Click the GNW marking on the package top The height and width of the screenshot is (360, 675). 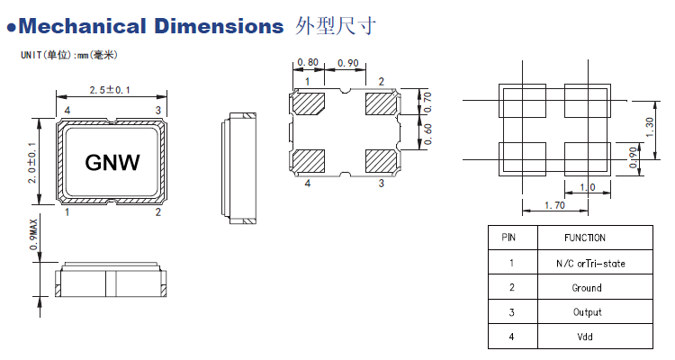(112, 162)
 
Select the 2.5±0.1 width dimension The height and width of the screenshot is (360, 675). (112, 90)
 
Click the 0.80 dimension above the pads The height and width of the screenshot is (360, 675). (307, 64)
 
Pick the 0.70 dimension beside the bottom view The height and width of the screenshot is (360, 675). (427, 102)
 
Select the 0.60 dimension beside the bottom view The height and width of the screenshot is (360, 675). (427, 132)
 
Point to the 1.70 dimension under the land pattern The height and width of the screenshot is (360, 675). (555, 206)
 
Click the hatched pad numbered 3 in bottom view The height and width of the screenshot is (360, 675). (379, 161)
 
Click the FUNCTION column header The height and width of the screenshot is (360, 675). (585, 238)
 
